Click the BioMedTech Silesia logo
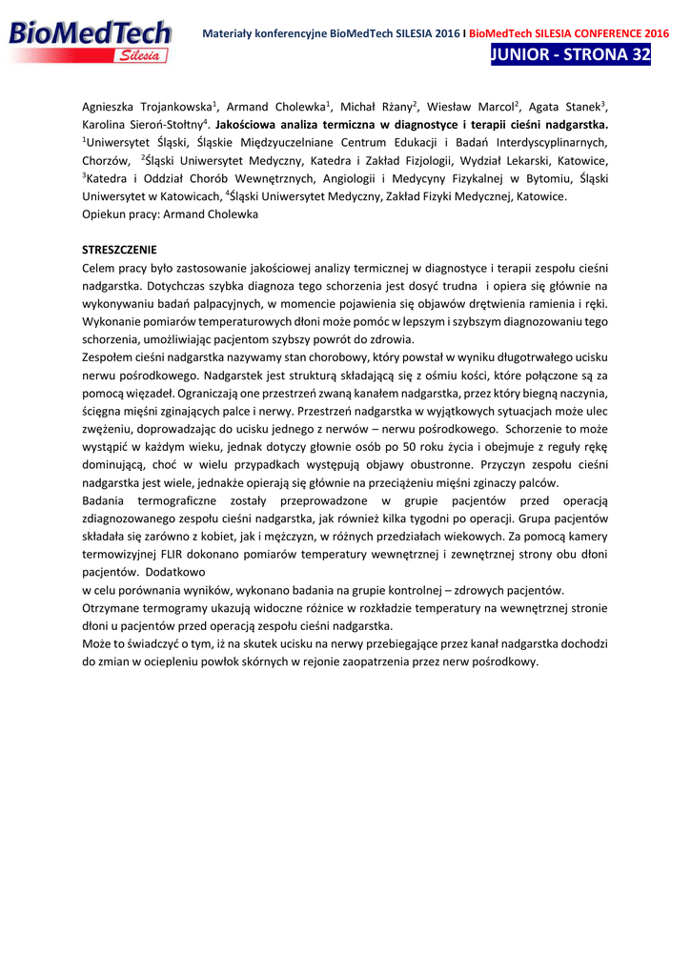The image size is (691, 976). point(91,43)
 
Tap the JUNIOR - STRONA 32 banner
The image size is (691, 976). point(570,55)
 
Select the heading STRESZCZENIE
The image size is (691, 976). point(119,250)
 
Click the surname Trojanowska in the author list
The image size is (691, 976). point(177,107)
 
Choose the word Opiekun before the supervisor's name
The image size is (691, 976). point(104,214)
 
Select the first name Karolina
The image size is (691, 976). point(110,125)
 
